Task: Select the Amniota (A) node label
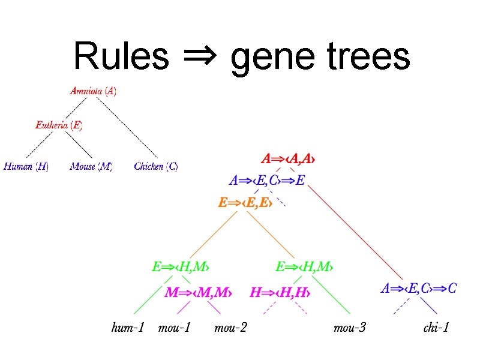[x=93, y=91]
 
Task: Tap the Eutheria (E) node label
[x=58, y=125]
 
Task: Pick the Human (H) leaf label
[x=26, y=166]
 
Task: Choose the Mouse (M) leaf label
[x=91, y=166]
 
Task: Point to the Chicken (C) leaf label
[x=156, y=166]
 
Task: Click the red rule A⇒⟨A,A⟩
[x=289, y=159]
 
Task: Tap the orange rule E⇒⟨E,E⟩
[x=245, y=203]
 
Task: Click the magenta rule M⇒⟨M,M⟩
[x=198, y=293]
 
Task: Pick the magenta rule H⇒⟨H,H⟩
[x=280, y=293]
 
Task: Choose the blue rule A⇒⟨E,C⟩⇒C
[x=419, y=289]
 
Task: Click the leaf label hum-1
[x=128, y=328]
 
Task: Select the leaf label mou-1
[x=174, y=328]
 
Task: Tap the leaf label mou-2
[x=230, y=328]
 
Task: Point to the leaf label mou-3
[x=350, y=328]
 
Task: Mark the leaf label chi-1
[x=436, y=328]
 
